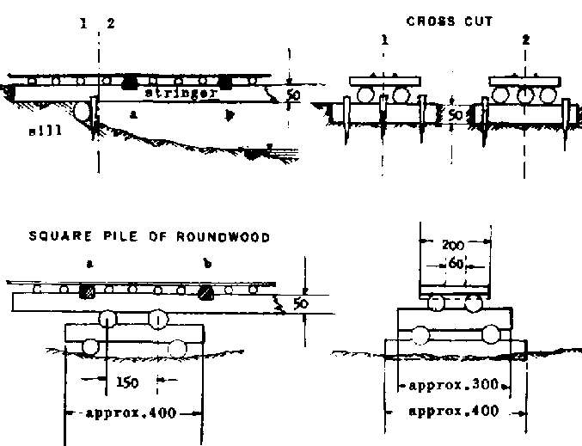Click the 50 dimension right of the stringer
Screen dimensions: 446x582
tap(293, 95)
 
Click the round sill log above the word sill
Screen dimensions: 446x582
tap(83, 111)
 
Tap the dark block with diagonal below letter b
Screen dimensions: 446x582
tap(205, 291)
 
